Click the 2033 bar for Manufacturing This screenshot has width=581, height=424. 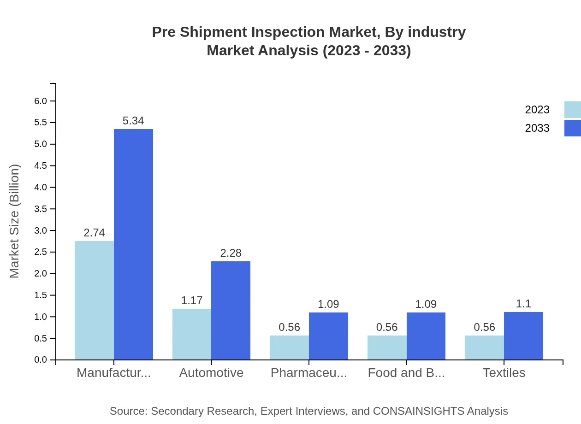pos(133,244)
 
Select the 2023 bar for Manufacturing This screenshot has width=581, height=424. pos(94,300)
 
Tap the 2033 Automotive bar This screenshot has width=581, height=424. pos(231,310)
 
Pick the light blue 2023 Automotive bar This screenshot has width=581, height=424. pos(192,334)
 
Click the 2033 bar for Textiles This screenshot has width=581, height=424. pos(523,336)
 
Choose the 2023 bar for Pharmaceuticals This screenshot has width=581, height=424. pos(289,347)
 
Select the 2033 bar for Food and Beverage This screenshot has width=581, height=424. pos(426,336)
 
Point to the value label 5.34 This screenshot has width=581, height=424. pos(133,121)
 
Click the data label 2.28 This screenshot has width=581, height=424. pos(231,253)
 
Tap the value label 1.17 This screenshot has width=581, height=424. pos(192,300)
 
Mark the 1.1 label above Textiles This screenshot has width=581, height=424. pos(523,304)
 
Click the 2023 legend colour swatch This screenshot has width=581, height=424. pos(572,110)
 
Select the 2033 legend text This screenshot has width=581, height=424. pos(537,128)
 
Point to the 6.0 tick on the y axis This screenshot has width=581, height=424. pos(41,101)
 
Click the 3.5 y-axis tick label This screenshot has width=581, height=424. pos(41,209)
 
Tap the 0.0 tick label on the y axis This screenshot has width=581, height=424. pos(41,360)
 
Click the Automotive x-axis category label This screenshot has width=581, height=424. pos(211,372)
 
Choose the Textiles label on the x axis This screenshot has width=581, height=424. pos(504,372)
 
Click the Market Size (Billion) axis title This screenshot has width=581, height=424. pos(14,221)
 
